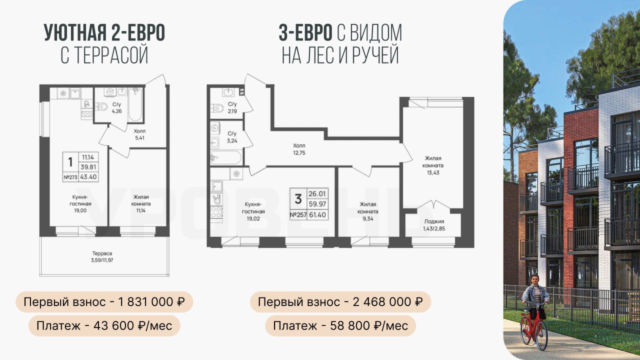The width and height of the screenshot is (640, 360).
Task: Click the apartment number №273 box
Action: (x=70, y=177)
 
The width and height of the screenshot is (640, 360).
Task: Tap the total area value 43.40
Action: (x=88, y=177)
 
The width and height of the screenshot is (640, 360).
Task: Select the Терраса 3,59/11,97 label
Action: (x=102, y=256)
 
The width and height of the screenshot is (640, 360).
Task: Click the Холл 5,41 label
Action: (x=139, y=134)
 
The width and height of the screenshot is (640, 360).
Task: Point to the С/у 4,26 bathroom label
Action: (x=117, y=107)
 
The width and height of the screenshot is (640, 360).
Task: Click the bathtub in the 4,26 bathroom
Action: (x=135, y=104)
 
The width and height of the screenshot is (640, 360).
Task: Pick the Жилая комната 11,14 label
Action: (x=141, y=203)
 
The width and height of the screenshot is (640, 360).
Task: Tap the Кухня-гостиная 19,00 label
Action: (x=80, y=203)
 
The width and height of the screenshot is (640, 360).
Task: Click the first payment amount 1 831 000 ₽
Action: (x=151, y=301)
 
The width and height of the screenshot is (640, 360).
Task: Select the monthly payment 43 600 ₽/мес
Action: (x=133, y=325)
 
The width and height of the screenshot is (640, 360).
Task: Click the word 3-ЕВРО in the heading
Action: (x=305, y=33)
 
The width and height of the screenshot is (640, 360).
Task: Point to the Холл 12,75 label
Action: (x=299, y=149)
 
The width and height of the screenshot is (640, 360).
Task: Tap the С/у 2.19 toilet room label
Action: (x=232, y=107)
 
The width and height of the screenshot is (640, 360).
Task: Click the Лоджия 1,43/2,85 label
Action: (x=434, y=225)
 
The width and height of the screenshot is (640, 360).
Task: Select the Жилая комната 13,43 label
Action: (x=433, y=165)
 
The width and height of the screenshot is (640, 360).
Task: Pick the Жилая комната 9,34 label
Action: (x=368, y=211)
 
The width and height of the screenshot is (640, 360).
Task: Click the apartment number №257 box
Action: (x=298, y=215)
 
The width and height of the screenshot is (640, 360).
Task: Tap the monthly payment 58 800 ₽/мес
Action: (x=369, y=325)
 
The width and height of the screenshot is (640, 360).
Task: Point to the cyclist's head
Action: (x=534, y=279)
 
